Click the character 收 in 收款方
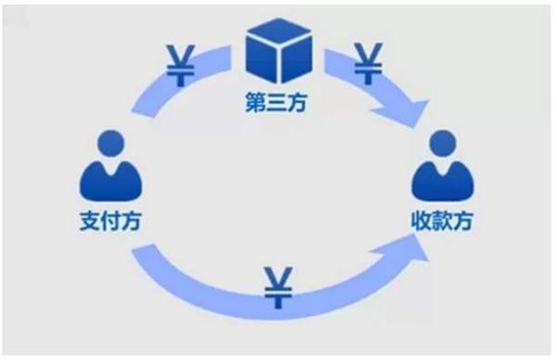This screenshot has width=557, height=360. click(x=421, y=223)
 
